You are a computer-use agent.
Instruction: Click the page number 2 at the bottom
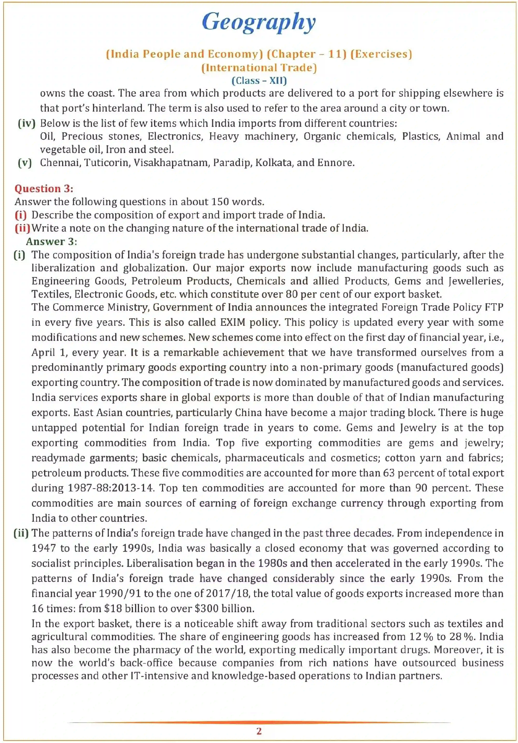click(259, 731)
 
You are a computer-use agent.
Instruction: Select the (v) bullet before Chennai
click(25, 162)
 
